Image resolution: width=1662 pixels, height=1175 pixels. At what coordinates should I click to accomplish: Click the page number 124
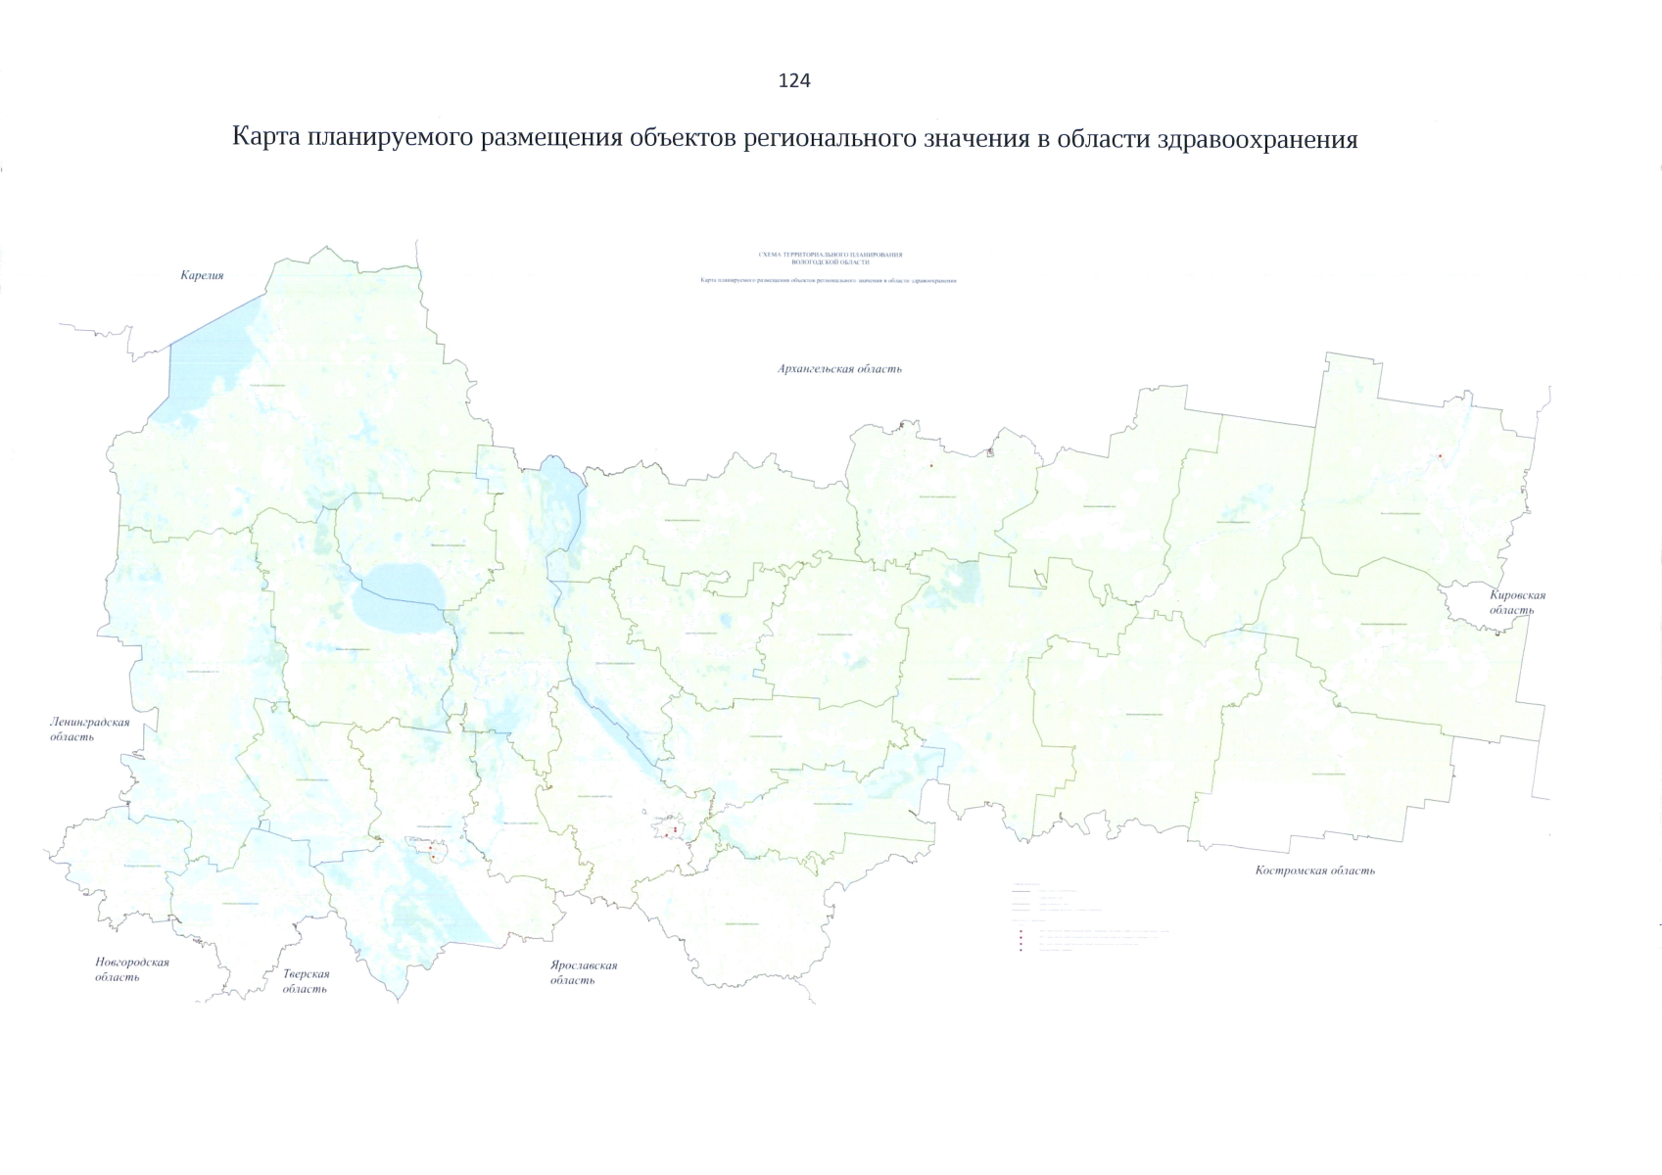(x=794, y=81)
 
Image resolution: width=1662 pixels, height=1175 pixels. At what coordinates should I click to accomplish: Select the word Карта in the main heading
(x=265, y=137)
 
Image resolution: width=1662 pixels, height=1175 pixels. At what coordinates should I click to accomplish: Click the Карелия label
(x=202, y=275)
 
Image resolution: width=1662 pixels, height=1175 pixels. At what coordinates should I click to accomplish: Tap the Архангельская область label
(x=839, y=369)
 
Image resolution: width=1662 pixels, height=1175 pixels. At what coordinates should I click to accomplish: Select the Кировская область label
(x=1516, y=602)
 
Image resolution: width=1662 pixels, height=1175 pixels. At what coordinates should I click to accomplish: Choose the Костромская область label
(x=1315, y=870)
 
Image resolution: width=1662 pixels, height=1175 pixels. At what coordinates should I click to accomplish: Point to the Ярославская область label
(x=583, y=972)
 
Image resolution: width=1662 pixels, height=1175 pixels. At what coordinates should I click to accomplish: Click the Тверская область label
(x=306, y=981)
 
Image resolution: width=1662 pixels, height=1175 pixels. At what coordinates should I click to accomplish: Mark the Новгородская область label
(x=131, y=969)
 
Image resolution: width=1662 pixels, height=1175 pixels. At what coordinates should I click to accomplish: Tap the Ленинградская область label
(x=89, y=729)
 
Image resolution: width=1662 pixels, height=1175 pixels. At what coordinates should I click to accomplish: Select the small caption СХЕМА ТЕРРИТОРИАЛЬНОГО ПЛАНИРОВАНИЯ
(x=831, y=255)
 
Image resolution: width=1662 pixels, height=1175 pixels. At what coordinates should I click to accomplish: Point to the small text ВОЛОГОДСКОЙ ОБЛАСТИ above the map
(x=831, y=262)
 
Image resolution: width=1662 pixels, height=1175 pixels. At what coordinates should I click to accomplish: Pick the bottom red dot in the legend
(x=1021, y=951)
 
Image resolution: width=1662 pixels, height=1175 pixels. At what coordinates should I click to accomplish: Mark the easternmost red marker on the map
(x=1440, y=456)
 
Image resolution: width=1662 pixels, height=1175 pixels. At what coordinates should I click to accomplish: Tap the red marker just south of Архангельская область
(x=931, y=466)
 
